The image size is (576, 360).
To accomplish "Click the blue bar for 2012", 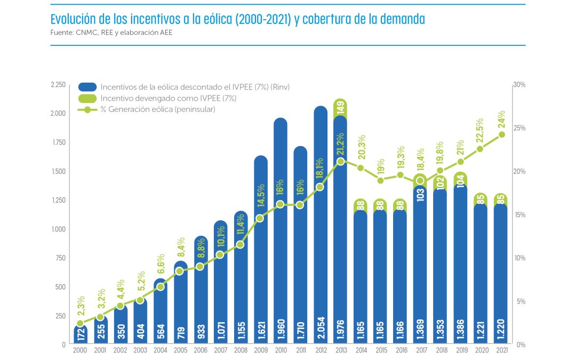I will [x=321, y=224].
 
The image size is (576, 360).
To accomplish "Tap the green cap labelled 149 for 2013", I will [x=341, y=108].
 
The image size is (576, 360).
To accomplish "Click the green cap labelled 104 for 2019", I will [x=461, y=180].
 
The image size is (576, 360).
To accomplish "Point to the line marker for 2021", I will [x=501, y=134].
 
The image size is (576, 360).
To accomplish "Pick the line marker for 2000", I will [x=80, y=323].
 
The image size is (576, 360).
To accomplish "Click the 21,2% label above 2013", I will [x=341, y=142].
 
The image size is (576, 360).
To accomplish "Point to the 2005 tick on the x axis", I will [x=180, y=350].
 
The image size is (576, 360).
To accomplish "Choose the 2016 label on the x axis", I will [x=401, y=350].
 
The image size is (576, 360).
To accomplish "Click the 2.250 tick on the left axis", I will [x=58, y=85].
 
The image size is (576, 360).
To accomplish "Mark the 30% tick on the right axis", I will [x=519, y=85].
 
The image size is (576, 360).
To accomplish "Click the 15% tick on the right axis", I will [x=519, y=215].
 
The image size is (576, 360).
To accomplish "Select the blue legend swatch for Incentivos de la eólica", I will [x=87, y=87].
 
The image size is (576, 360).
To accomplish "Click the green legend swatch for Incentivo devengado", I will [x=87, y=98].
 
